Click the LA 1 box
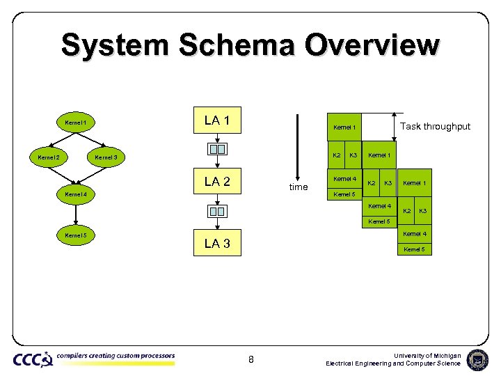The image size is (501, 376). point(217,121)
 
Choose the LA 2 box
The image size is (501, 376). point(217,182)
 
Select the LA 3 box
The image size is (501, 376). point(217,244)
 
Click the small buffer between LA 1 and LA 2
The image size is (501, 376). point(217,149)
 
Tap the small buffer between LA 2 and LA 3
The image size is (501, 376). point(217,211)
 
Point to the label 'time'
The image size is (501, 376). point(298,187)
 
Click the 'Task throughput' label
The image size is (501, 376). point(435,126)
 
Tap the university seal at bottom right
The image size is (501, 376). point(477,359)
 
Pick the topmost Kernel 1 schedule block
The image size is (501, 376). point(344,127)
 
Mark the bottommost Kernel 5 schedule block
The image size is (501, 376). point(414,249)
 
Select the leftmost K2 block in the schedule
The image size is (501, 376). point(336,154)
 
